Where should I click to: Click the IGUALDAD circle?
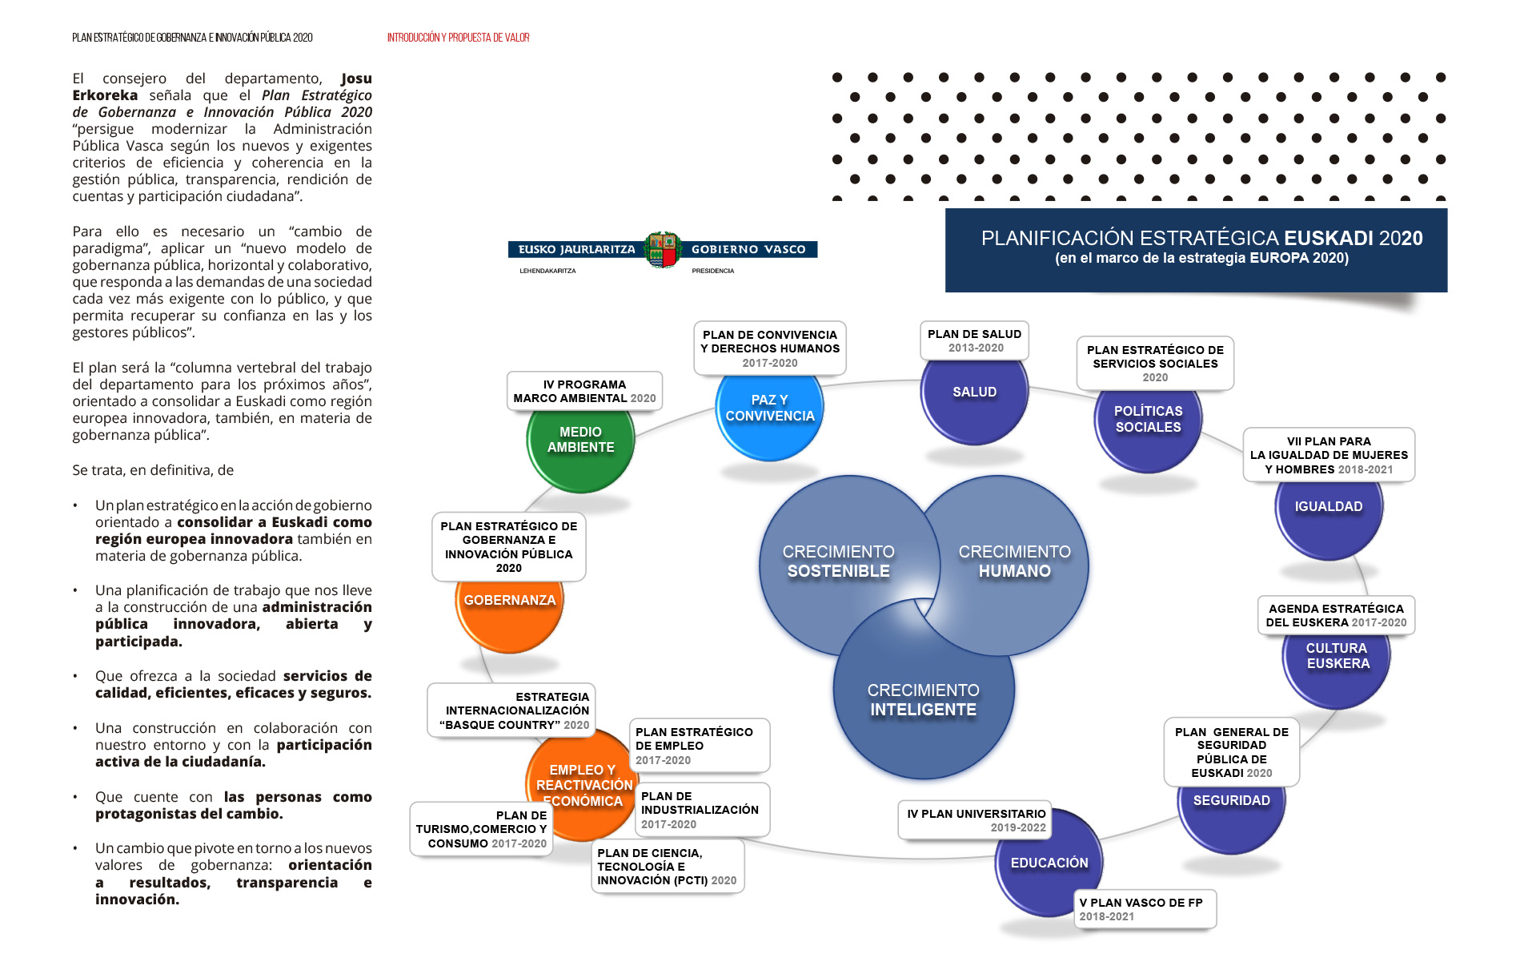coord(1329,513)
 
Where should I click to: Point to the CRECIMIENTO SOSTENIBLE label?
coord(838,561)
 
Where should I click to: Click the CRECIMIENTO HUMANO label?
coord(1014,561)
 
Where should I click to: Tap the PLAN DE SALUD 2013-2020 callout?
coord(974,340)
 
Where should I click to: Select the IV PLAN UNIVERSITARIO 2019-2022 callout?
coord(975,820)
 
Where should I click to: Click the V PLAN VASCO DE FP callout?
coord(1144,909)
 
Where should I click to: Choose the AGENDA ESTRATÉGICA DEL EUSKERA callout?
coord(1335,615)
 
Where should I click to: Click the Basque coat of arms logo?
coord(663,250)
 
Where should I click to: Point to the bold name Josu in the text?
coord(356,78)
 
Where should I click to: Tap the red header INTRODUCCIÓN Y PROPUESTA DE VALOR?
coord(458,38)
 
